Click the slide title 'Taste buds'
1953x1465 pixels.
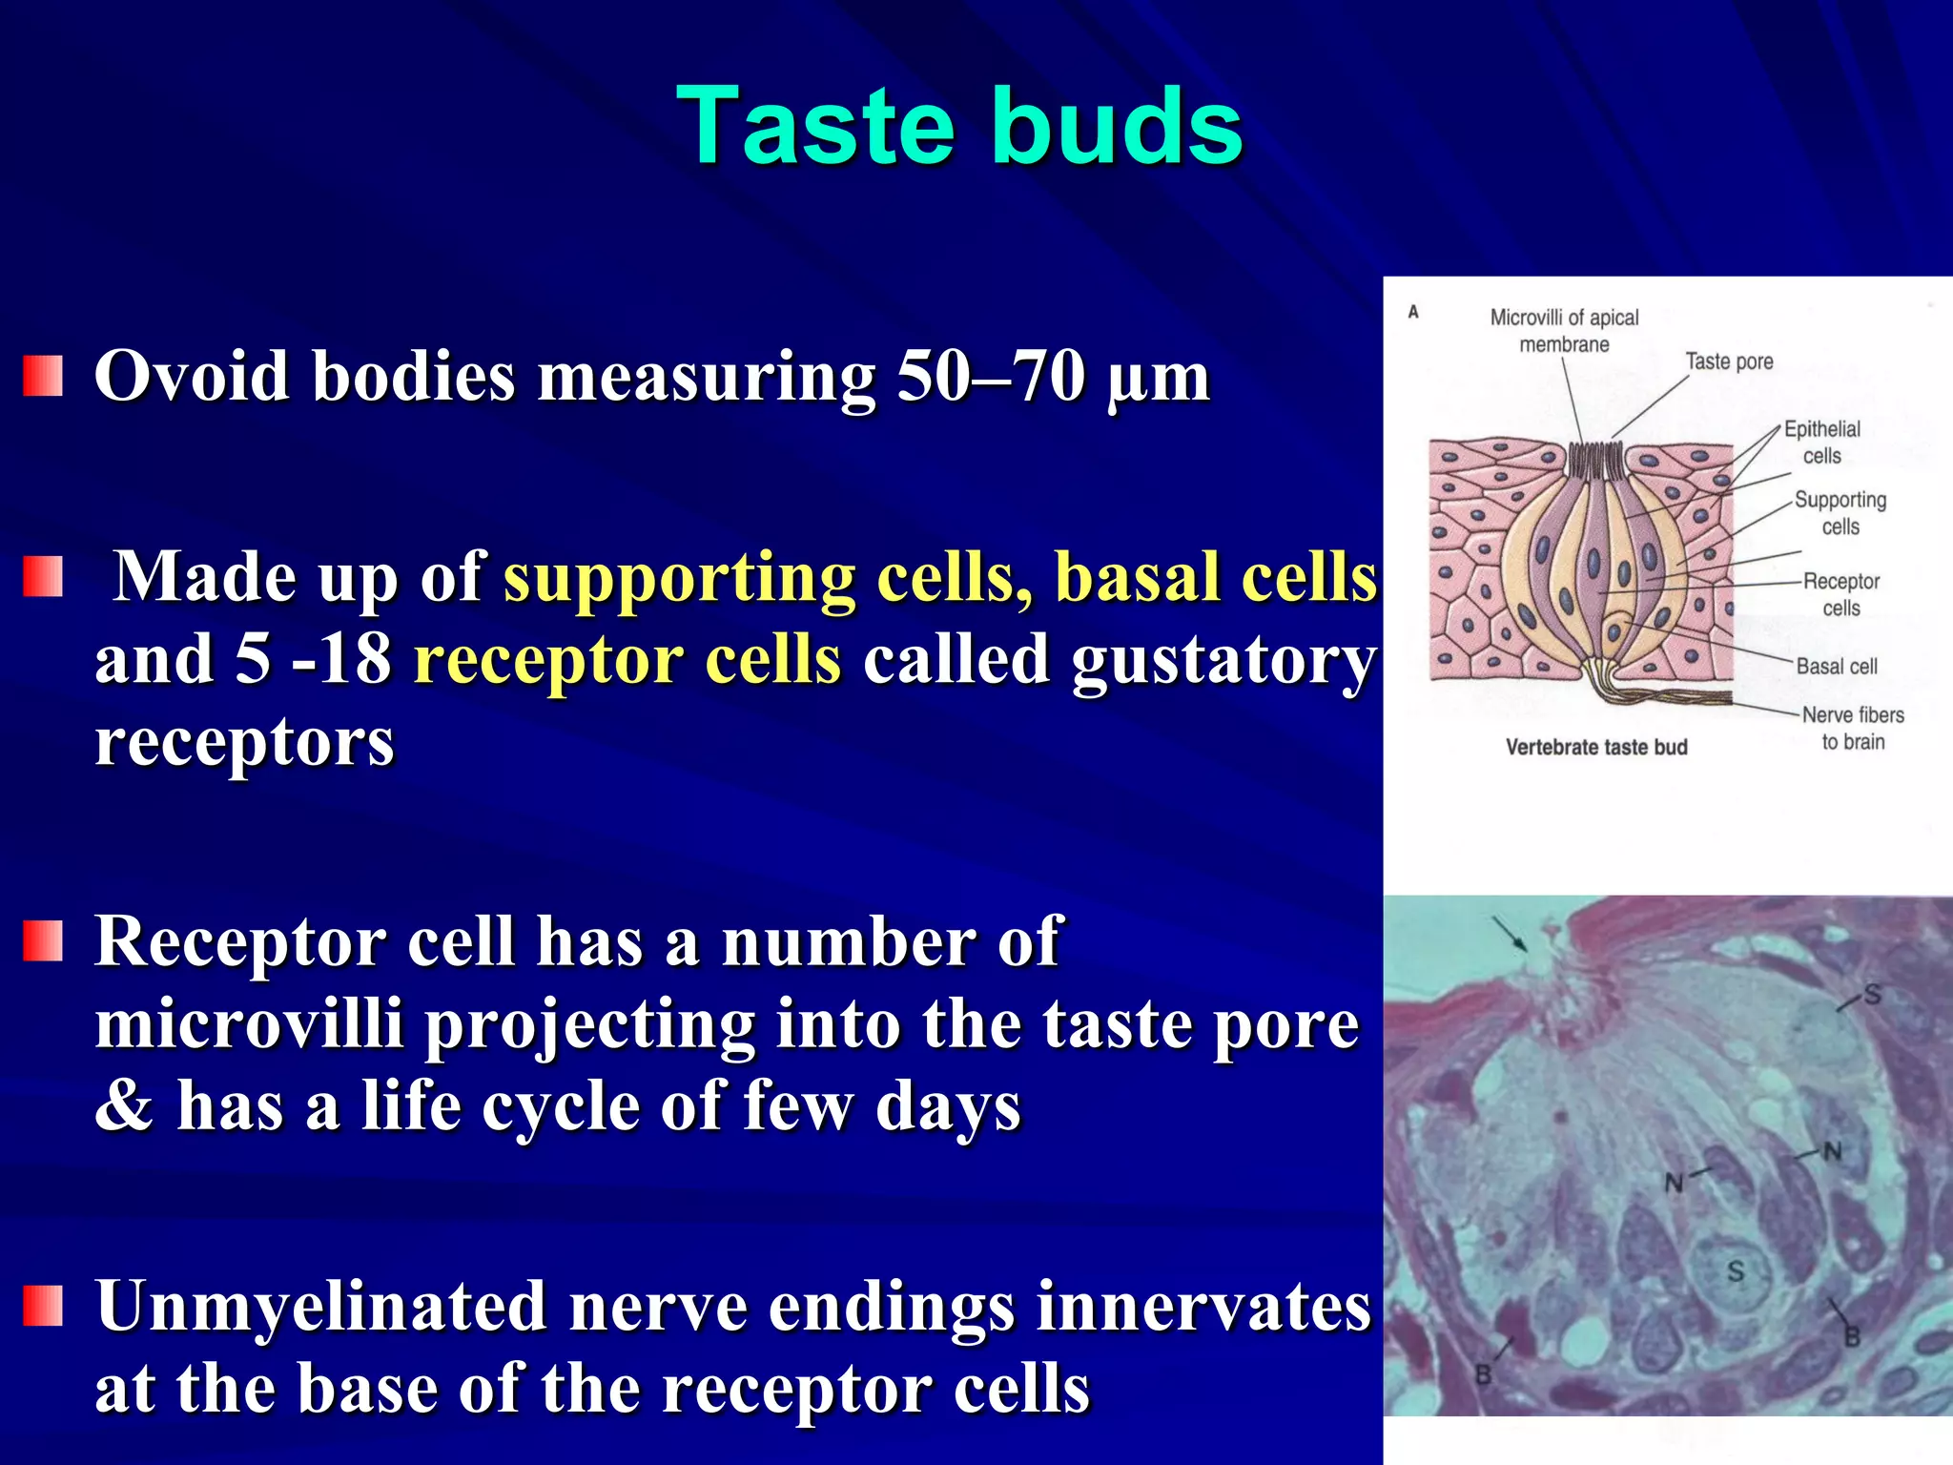958,126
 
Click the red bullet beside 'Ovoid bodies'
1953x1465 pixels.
43,376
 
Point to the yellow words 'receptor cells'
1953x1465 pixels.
627,660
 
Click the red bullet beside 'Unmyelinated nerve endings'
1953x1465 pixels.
43,1306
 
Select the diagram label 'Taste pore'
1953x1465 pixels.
1729,361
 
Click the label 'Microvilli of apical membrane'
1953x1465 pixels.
1564,330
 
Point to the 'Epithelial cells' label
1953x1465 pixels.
1821,442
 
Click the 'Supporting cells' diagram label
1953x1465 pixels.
1840,512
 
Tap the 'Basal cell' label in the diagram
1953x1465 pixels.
1836,666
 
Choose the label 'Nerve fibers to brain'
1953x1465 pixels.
1852,728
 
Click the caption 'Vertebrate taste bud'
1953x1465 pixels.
1596,747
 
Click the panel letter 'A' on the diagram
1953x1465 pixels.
1413,312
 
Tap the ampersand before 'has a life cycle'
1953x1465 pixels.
124,1106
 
